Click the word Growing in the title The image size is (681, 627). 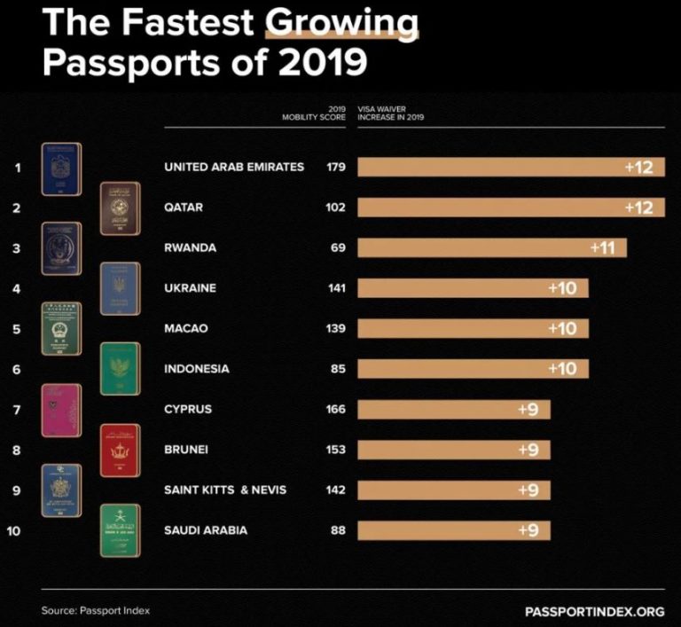341,24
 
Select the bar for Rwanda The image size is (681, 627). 492,247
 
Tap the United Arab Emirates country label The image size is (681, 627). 234,167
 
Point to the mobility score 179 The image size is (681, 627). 335,167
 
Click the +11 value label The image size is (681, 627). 602,247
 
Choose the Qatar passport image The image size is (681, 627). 120,208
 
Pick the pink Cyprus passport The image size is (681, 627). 61,411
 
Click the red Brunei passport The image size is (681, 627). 120,450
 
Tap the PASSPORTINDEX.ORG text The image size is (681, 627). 594,611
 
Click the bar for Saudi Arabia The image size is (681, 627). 453,530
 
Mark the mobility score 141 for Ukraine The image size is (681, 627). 335,288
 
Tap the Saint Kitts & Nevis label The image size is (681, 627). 225,490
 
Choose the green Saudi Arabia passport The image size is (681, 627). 120,530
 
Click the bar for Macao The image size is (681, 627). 473,328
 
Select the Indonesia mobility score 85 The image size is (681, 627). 337,369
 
